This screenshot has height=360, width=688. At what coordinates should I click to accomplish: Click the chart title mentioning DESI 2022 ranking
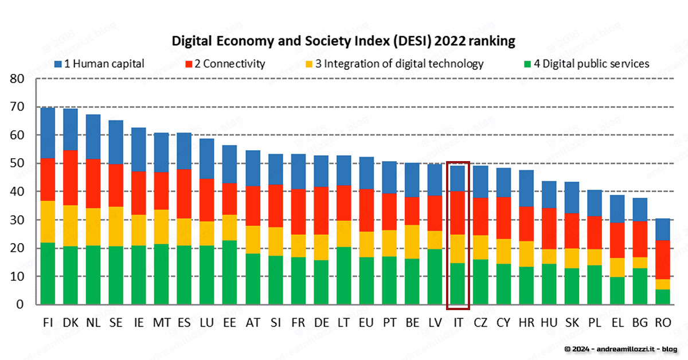[344, 41]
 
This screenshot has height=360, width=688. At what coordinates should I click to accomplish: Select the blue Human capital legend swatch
[58, 64]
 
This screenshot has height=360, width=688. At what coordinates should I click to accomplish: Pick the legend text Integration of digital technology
[400, 64]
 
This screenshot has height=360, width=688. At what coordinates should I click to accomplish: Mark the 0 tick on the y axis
[21, 304]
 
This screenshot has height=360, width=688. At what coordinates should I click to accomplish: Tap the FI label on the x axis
[48, 323]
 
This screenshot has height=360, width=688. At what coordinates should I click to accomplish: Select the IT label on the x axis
[458, 323]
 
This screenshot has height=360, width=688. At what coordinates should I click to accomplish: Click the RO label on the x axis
[663, 323]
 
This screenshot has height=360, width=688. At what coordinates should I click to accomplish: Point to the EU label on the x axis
[367, 323]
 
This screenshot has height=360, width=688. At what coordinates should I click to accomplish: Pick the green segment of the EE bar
[230, 272]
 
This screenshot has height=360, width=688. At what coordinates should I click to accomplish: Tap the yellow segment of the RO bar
[663, 284]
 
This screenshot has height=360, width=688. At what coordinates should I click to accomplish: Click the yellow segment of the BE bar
[412, 241]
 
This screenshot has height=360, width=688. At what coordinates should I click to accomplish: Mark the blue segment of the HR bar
[526, 188]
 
